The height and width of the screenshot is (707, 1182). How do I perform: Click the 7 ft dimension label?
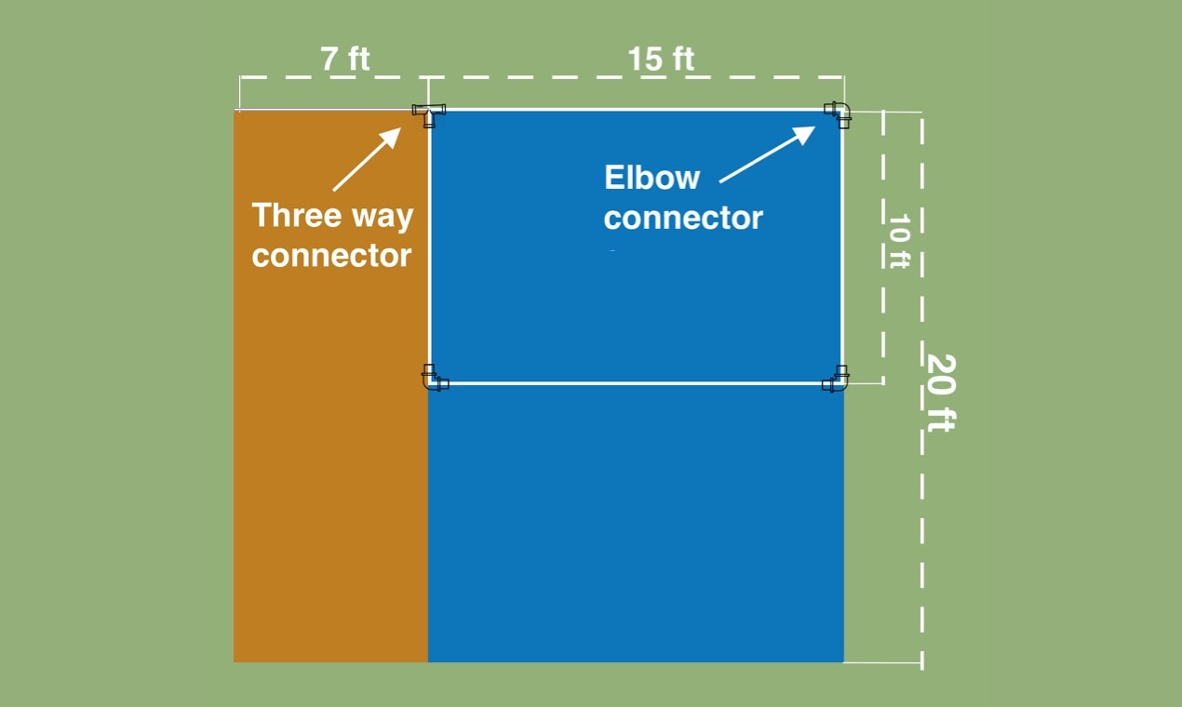coord(344,60)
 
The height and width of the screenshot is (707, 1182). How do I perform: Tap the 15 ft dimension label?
coord(660,60)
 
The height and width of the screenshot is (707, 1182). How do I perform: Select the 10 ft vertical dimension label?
coord(897,242)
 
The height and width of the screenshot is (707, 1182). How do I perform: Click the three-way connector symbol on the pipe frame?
coord(429,113)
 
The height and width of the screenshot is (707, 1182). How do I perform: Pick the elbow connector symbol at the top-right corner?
coord(839,113)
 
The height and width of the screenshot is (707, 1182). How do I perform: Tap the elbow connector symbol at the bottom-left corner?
coord(433,378)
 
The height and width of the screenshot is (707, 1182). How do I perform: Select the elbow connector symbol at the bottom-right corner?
coord(836,380)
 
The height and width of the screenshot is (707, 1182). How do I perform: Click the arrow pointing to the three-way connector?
coord(366,159)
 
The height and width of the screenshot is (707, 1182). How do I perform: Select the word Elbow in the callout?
coord(651,177)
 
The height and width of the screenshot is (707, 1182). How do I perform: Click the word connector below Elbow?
coord(683,218)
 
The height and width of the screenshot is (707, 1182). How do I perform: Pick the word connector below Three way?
coord(331,255)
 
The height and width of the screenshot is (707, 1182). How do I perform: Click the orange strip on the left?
coord(330,465)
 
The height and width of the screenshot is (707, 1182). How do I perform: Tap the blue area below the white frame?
coord(636,521)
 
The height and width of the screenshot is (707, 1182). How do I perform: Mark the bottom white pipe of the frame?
coord(636,382)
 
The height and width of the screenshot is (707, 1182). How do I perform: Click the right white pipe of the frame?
coord(842,247)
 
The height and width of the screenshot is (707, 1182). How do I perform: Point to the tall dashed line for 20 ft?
coord(922,521)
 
